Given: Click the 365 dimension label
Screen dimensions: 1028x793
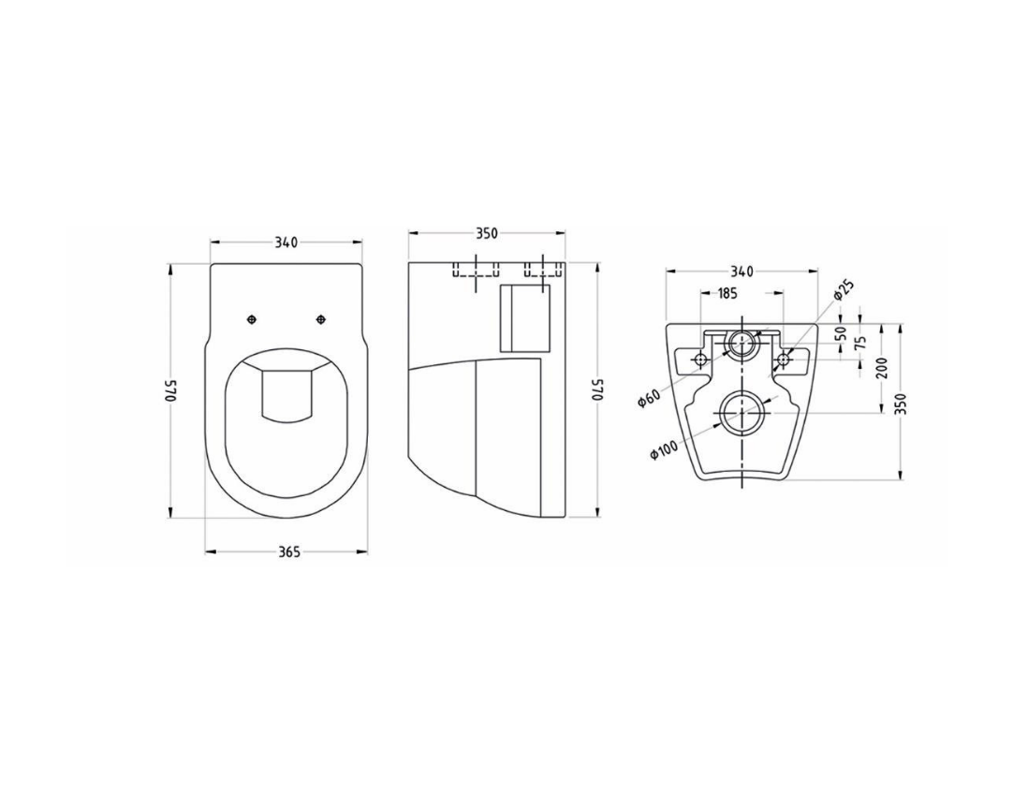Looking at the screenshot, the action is (288, 551).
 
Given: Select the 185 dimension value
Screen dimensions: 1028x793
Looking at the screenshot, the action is (727, 293).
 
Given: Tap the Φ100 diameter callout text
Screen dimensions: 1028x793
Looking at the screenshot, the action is (664, 449).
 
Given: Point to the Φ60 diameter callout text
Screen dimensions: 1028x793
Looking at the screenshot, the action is (650, 397).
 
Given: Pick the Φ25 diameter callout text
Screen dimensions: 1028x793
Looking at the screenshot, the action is (844, 289).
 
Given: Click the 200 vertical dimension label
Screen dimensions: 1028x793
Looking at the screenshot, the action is (881, 368).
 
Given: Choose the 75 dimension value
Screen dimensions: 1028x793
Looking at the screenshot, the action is (861, 342).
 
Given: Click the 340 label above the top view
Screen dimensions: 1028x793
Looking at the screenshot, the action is (286, 242).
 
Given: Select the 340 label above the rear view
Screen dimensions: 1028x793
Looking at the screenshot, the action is (742, 272).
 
